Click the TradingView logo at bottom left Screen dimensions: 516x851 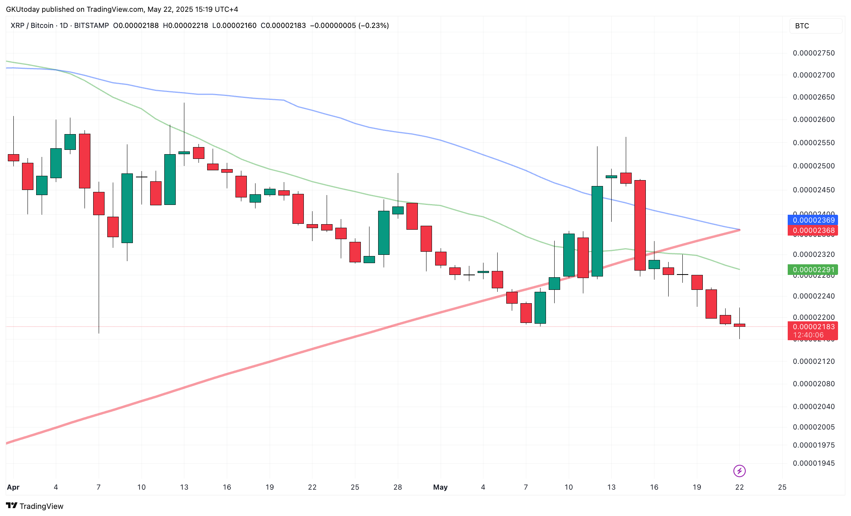[35, 506]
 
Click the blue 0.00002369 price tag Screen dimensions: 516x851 [812, 220]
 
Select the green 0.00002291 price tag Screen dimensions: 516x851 [812, 270]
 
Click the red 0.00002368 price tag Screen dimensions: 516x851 [812, 230]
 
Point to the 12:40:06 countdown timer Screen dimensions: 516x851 [808, 335]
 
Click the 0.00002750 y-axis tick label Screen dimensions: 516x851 [814, 53]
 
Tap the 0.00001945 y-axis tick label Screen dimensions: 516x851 [814, 463]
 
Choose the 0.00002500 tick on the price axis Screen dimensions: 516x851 [814, 166]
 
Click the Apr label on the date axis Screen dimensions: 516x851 [13, 487]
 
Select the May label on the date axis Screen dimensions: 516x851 [440, 487]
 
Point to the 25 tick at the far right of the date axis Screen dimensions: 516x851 [782, 487]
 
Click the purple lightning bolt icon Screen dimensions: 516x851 [739, 471]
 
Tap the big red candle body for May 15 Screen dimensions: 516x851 [640, 225]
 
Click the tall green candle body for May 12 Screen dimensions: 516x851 [597, 231]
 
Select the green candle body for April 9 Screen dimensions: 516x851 [127, 208]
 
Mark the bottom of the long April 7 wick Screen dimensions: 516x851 [99, 332]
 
